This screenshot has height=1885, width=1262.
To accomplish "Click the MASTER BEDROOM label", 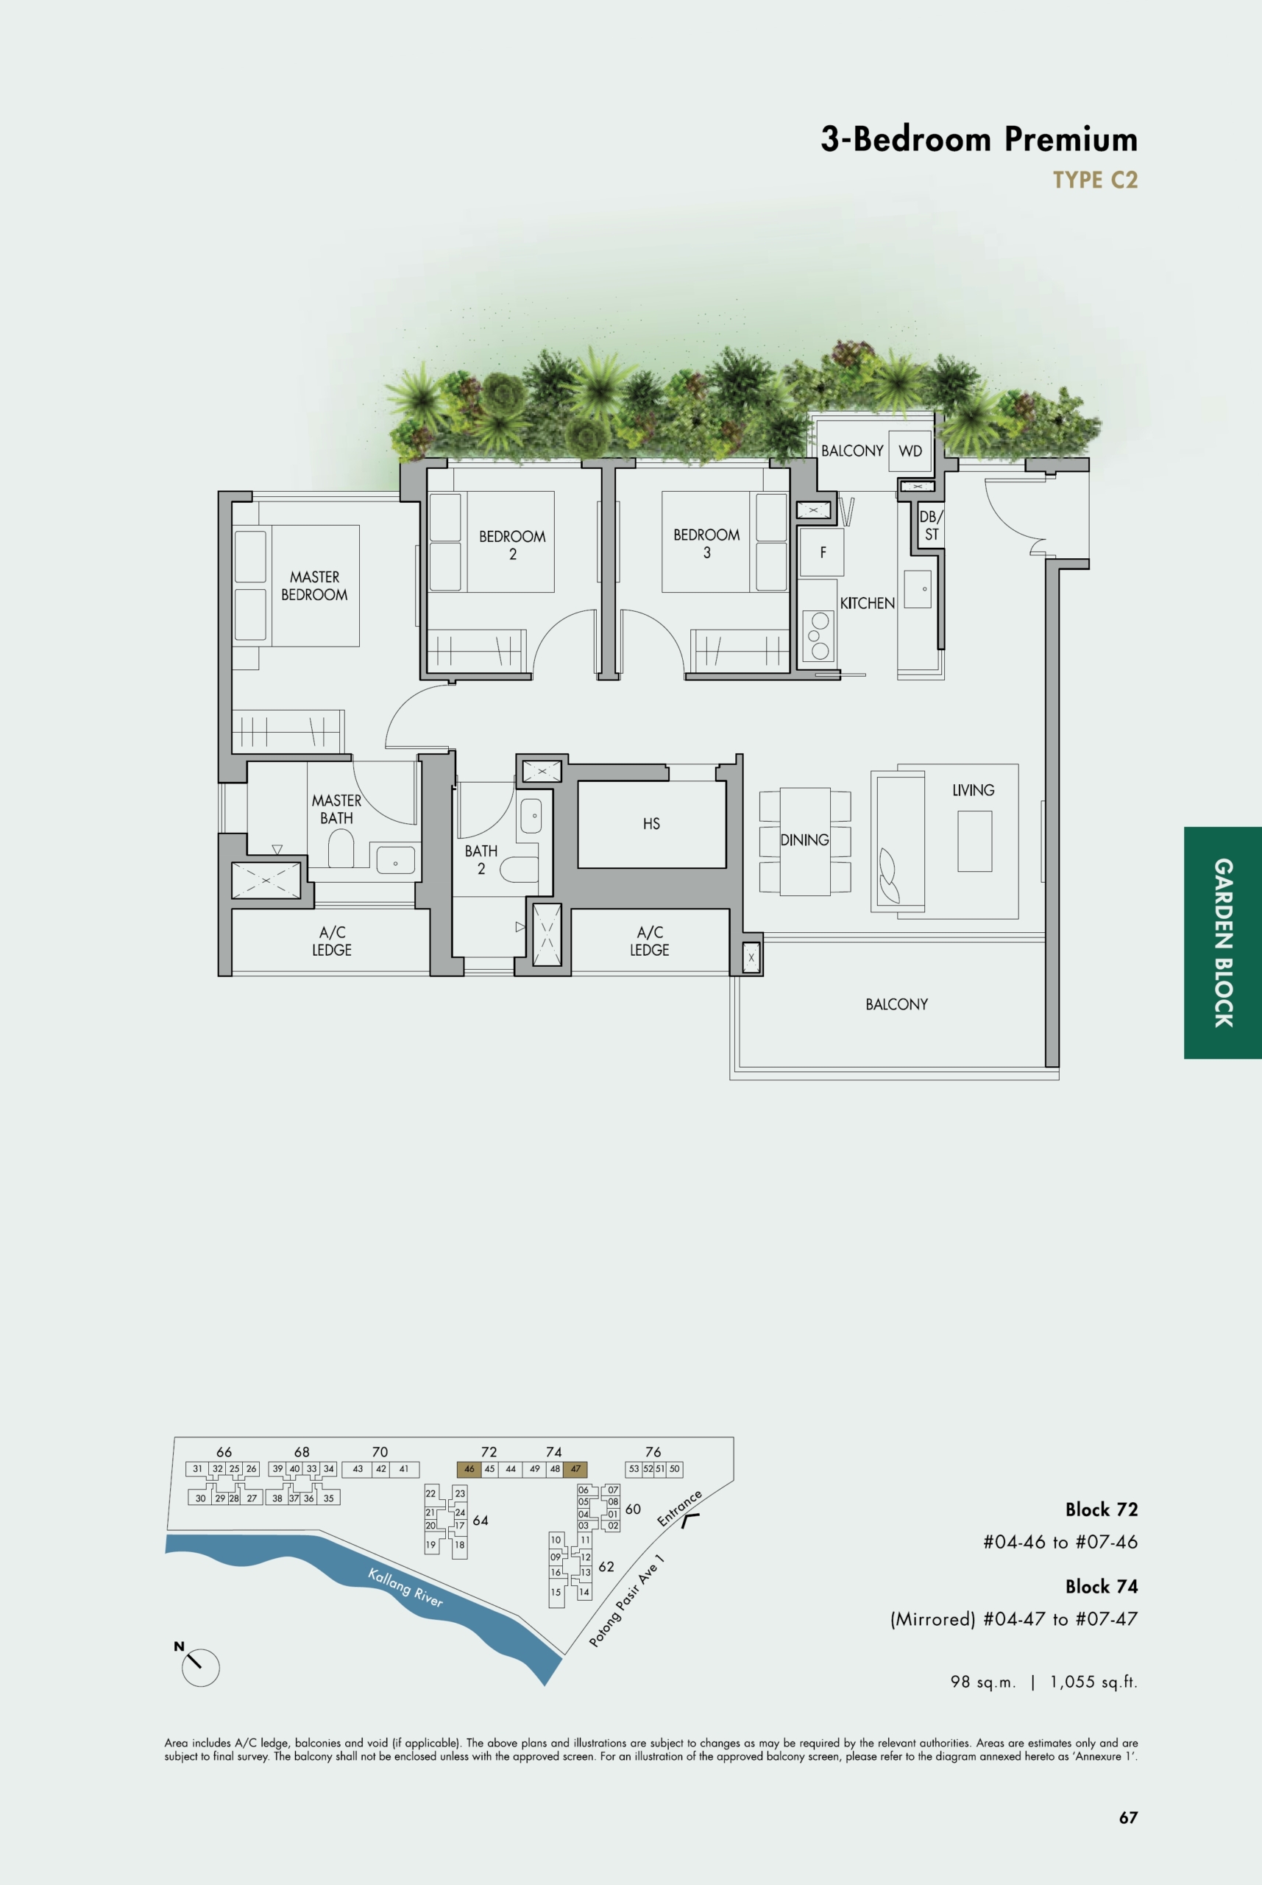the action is coord(314,585).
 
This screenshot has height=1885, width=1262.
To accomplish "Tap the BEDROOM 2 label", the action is coord(512,545).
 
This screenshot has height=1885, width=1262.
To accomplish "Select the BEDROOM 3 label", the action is coord(706,543).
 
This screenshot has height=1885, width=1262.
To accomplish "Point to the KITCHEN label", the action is coord(867,603).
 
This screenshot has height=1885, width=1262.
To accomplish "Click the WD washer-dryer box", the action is coord(910,451).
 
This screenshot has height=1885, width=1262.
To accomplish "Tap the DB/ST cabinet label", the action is coord(931,525).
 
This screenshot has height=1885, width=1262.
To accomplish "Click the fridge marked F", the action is coord(822,552).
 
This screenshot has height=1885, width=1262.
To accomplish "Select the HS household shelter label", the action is coord(651,824).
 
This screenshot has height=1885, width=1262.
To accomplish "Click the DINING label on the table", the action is coord(804,840).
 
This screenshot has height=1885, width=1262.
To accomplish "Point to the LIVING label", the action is coord(973,790).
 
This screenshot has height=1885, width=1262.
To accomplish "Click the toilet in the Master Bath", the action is coord(341,849).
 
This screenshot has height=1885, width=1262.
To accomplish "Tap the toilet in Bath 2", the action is coord(518,869).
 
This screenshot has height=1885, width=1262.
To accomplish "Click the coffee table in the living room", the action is coord(974,841).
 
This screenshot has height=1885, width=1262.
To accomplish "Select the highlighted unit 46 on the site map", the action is coord(469,1469).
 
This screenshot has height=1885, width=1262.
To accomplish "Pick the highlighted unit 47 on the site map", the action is coord(575,1469).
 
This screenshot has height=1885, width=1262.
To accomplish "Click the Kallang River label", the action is coord(405,1587).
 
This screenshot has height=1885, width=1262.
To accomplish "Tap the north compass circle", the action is coord(200,1667).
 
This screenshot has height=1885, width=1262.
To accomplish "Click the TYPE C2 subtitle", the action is coord(1095,180).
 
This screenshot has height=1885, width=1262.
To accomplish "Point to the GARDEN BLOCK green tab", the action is coord(1222,942).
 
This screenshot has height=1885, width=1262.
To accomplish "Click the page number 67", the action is coord(1127,1817).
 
